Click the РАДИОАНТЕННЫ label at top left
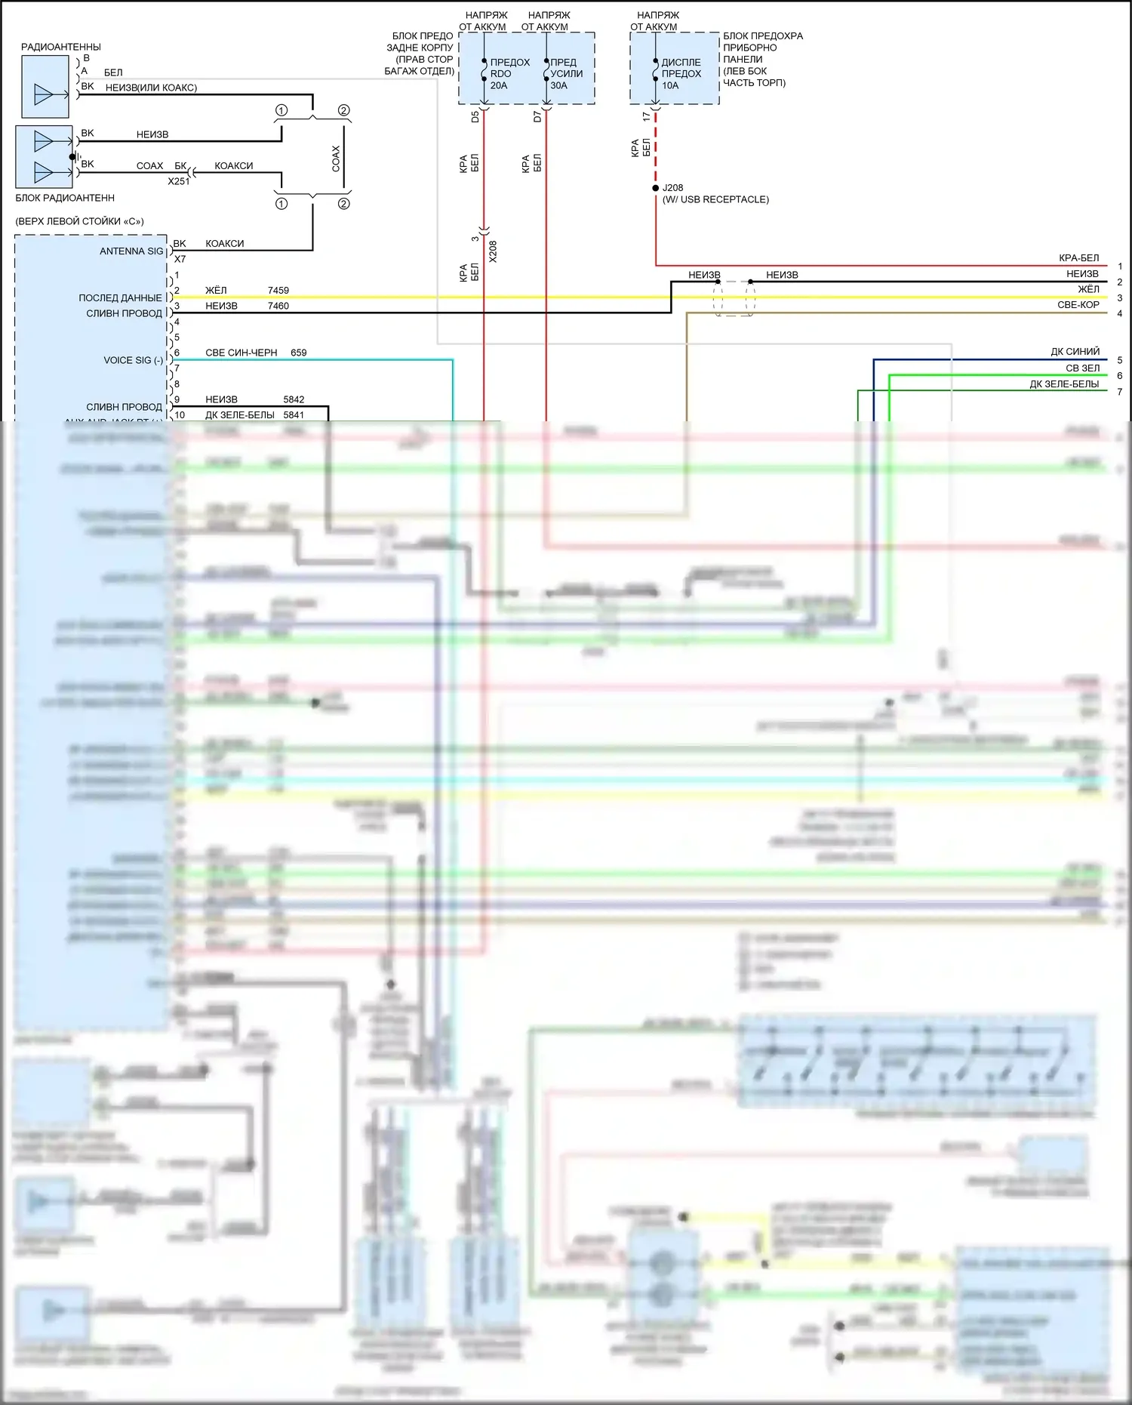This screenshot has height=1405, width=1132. click(x=60, y=47)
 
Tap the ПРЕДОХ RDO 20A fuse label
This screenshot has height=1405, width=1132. click(x=509, y=74)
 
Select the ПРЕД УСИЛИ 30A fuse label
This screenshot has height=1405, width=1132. click(x=566, y=74)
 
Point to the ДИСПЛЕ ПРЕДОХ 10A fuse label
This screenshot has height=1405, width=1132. click(x=681, y=74)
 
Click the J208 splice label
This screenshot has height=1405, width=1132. click(x=672, y=188)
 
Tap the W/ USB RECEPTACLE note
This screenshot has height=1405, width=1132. click(x=715, y=200)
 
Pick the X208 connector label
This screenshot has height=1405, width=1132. click(x=493, y=251)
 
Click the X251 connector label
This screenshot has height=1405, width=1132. click(x=179, y=182)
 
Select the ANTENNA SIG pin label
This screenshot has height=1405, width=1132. click(x=131, y=251)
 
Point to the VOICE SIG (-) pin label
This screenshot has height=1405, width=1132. click(x=133, y=361)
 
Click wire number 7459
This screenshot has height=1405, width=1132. click(x=278, y=291)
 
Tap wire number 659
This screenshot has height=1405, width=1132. click(x=298, y=353)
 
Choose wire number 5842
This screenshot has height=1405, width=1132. click(x=294, y=400)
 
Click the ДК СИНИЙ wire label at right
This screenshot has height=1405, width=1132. click(x=1075, y=352)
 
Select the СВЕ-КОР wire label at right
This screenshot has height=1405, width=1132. click(x=1078, y=305)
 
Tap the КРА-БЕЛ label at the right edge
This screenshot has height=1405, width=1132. click(x=1078, y=258)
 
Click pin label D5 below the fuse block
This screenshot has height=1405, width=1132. click(x=475, y=117)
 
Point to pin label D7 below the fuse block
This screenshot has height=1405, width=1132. click(x=537, y=117)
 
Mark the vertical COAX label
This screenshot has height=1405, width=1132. click(x=336, y=159)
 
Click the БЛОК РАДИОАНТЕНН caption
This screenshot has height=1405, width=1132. click(x=65, y=199)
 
